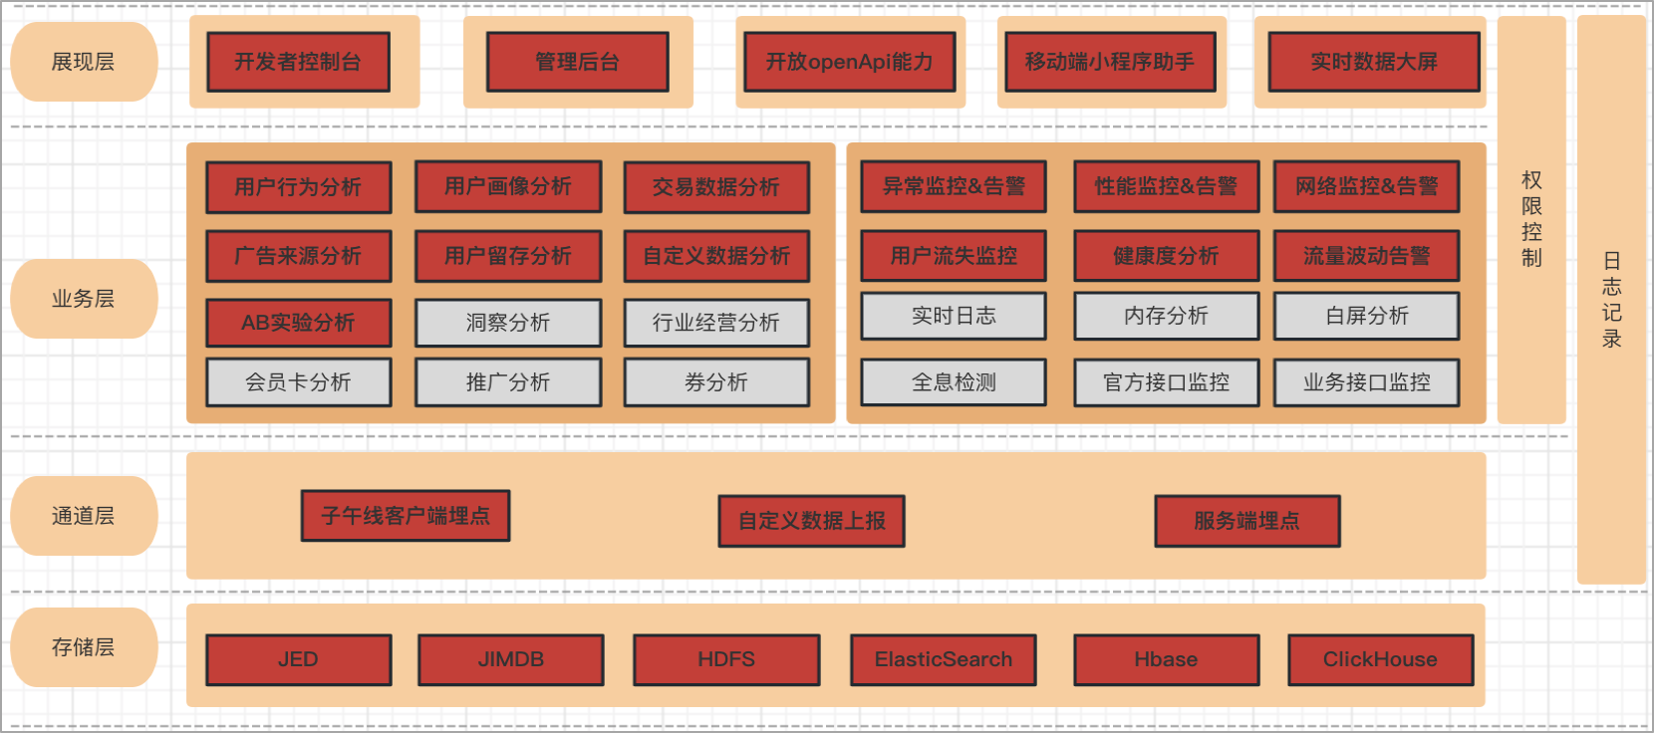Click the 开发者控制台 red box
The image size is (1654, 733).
(298, 62)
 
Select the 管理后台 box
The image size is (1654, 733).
(577, 62)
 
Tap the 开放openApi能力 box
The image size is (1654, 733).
(849, 62)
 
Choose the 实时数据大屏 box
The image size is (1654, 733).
(1373, 62)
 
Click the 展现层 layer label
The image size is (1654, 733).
(84, 62)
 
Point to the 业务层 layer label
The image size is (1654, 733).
(84, 299)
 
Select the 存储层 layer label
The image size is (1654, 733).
(84, 647)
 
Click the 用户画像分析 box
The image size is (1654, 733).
(508, 186)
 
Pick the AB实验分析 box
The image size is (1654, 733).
(298, 323)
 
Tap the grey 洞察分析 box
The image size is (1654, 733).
(508, 323)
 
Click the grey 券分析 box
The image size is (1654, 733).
(716, 382)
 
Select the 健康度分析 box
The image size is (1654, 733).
(1166, 256)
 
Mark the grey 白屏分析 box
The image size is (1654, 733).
(1366, 316)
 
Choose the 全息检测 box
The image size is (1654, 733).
(954, 382)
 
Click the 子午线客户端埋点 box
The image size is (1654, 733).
(406, 516)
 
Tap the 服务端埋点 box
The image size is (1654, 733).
(1246, 521)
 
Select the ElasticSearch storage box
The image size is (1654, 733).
(943, 659)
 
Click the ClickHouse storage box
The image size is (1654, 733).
(1380, 659)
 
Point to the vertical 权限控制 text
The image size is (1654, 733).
(1531, 219)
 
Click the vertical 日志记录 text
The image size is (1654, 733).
(1611, 300)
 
